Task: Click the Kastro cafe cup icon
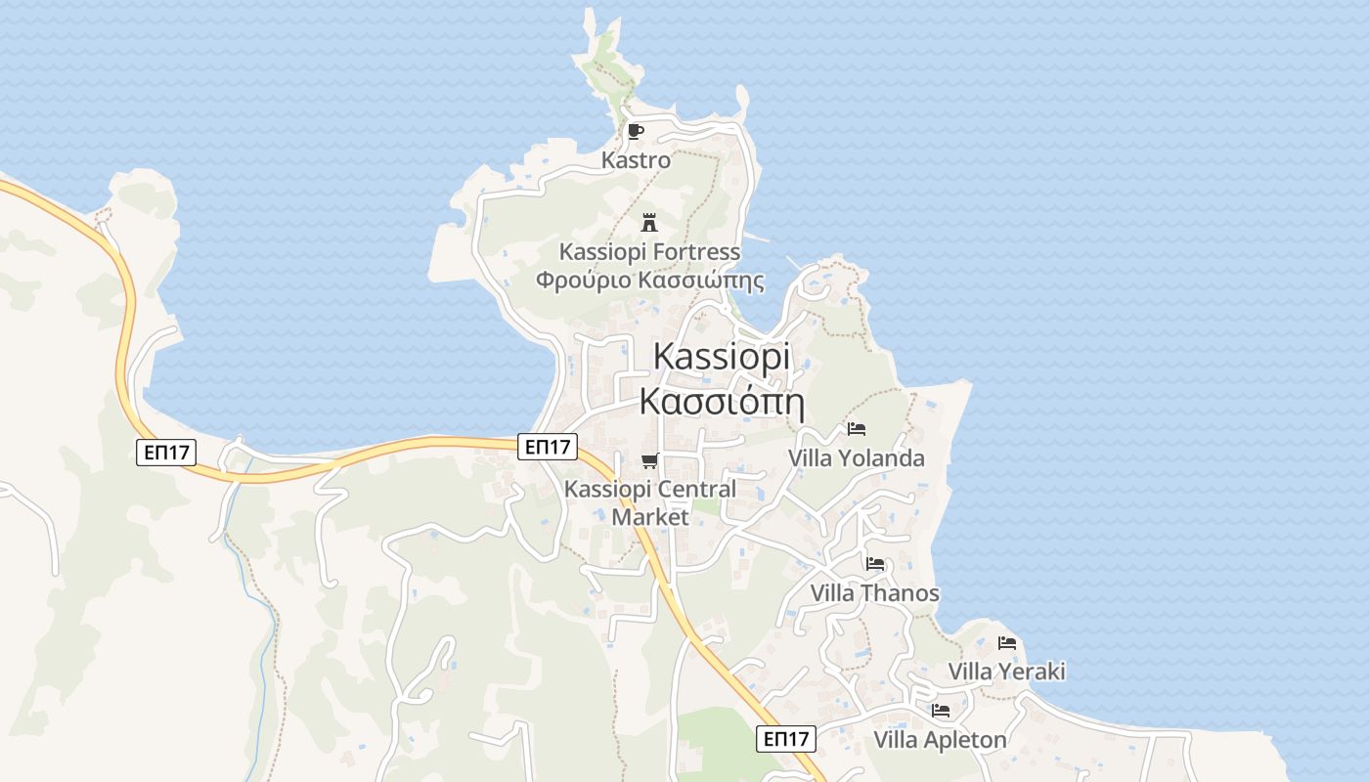636,131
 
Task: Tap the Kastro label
636,159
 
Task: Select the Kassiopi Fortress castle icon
648,223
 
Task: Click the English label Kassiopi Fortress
649,251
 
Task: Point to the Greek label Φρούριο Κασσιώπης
649,281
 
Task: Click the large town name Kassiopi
721,356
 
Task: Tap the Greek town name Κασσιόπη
721,401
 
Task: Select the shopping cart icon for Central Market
649,460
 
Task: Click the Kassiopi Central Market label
650,502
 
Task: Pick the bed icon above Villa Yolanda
857,429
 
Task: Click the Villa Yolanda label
856,457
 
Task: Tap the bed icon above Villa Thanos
875,564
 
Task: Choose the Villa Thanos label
874,593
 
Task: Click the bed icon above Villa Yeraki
1007,643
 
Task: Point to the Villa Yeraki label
1006,672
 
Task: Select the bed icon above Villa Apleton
941,711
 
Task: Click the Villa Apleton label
940,740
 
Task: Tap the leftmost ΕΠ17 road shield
167,452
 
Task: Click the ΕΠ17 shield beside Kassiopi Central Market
547,447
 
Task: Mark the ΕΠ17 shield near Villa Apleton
786,739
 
